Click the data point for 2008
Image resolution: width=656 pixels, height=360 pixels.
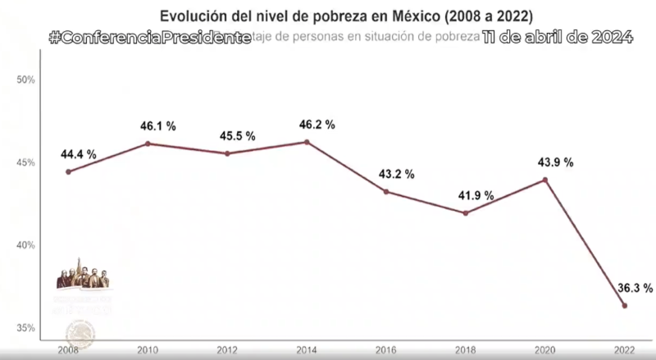(68, 171)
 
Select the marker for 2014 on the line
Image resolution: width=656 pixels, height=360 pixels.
(307, 142)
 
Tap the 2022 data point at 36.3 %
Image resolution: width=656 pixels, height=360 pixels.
(625, 306)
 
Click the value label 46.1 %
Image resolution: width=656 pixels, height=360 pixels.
(157, 126)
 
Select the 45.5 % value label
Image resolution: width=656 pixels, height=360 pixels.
(237, 136)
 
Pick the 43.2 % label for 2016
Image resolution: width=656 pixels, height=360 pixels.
(396, 175)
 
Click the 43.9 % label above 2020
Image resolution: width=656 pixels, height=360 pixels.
(555, 162)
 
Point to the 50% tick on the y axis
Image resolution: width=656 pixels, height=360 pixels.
(25, 80)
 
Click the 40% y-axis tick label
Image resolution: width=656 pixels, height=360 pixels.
(25, 245)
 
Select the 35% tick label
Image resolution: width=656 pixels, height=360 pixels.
(25, 328)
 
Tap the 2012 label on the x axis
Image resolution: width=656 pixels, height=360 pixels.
(227, 349)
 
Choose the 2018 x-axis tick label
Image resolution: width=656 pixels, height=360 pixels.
(466, 349)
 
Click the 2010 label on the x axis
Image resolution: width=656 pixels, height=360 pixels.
(148, 349)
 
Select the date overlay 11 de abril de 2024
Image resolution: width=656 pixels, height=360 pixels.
(557, 38)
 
